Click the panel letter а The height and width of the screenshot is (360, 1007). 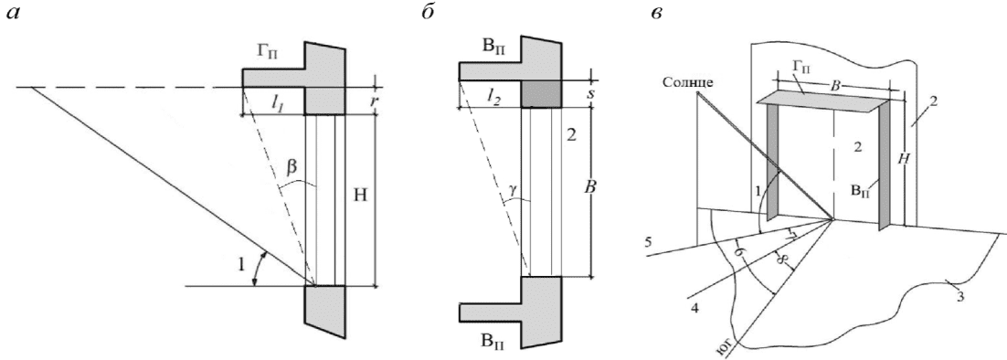pyautogui.click(x=12, y=14)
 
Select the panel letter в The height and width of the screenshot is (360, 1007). pyautogui.click(x=657, y=14)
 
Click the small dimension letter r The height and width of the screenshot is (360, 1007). pyautogui.click(x=375, y=101)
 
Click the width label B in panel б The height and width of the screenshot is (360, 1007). pyautogui.click(x=578, y=189)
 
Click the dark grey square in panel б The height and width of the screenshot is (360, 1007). pyautogui.click(x=541, y=94)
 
